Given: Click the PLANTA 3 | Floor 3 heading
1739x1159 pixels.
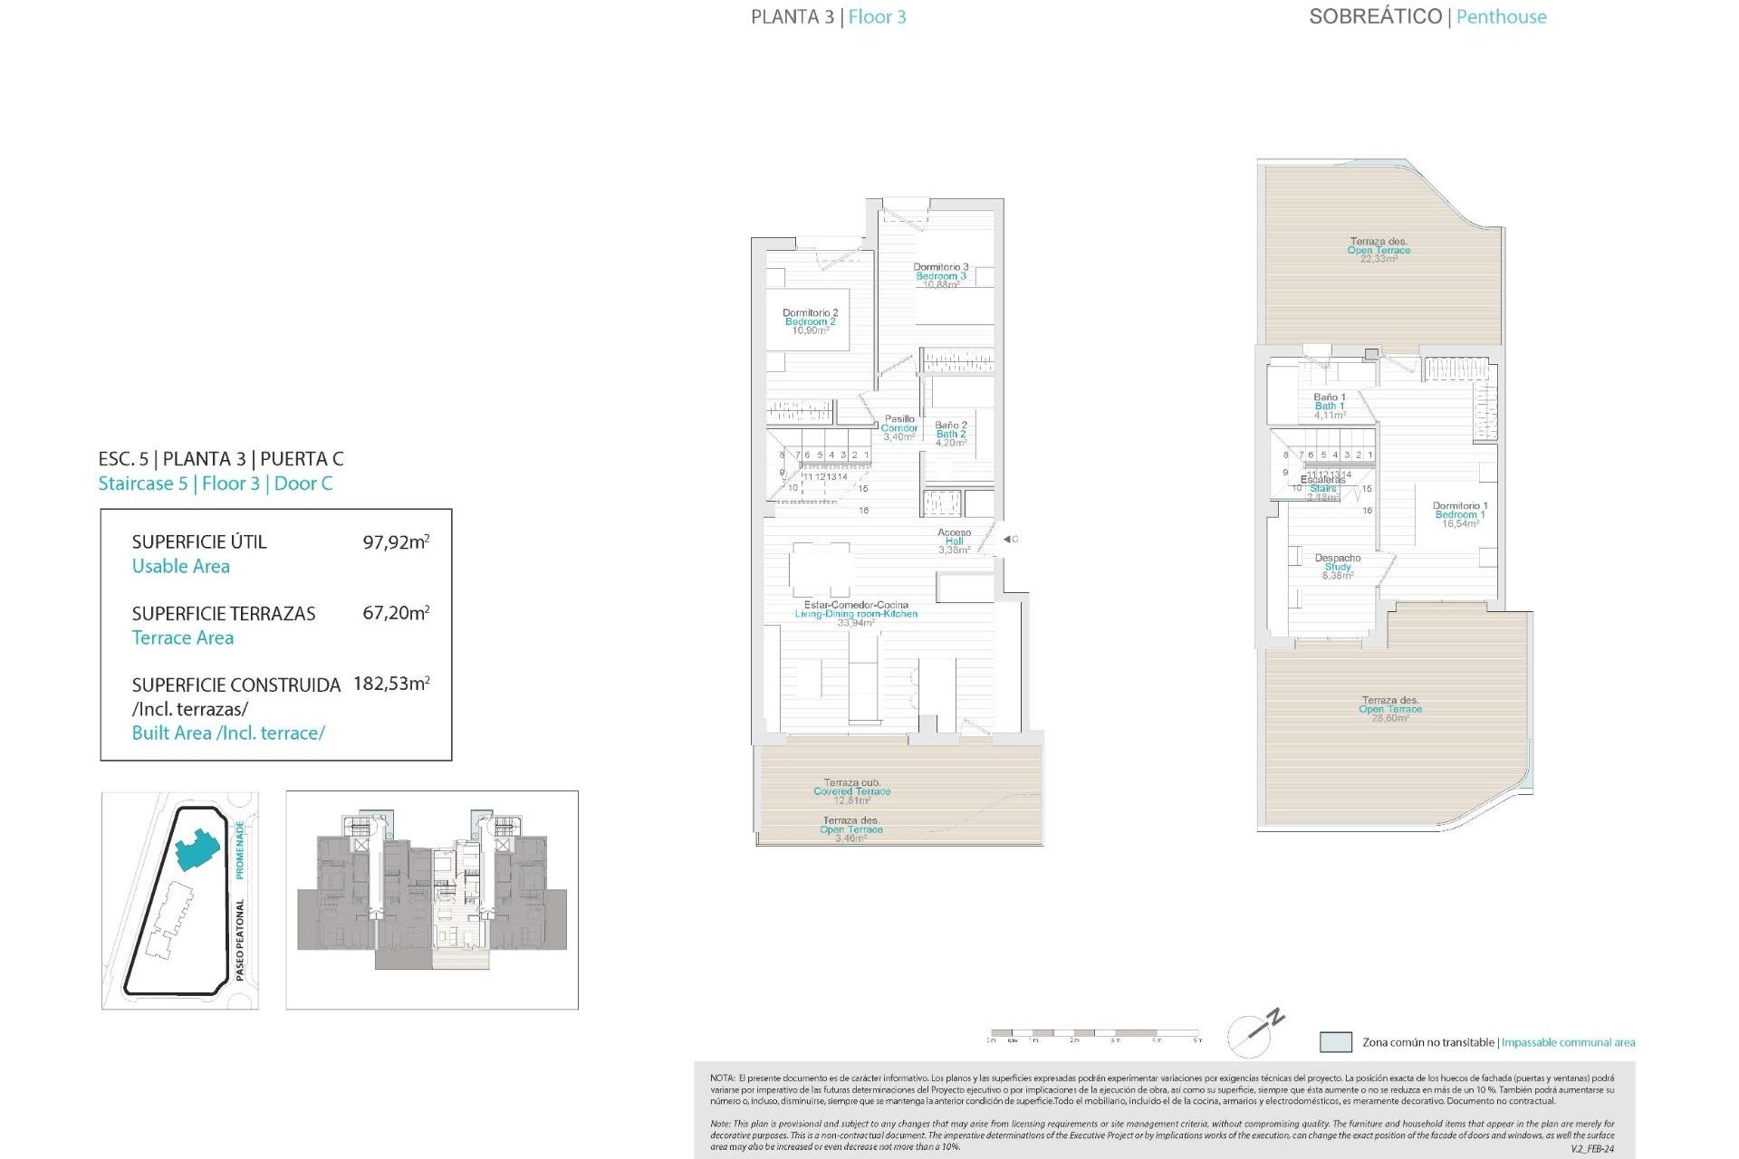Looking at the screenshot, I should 828,16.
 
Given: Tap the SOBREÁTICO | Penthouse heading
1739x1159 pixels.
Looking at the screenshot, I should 1427,16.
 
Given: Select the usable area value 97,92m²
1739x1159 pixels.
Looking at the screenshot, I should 396,541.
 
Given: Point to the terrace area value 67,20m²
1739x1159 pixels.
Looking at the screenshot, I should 396,613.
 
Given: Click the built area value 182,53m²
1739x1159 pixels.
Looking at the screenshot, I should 391,684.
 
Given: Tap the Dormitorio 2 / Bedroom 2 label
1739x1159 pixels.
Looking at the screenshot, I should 810,321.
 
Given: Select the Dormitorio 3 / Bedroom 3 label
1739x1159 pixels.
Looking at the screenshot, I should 940,275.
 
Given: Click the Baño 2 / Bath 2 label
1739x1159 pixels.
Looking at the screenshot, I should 950,434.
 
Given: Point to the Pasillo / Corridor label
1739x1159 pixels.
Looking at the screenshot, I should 899,427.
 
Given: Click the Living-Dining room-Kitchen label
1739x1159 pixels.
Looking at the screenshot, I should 856,613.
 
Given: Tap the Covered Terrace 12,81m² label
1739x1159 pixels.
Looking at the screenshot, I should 851,790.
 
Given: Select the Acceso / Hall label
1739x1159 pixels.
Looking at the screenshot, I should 954,541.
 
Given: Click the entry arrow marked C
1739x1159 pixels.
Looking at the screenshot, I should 1009,539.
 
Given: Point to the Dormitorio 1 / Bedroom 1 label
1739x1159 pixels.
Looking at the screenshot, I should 1459,514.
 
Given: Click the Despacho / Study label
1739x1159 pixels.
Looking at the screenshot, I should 1337,566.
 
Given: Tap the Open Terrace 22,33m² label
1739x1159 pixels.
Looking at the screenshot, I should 1378,250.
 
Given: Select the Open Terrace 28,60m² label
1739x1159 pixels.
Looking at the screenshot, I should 1389,708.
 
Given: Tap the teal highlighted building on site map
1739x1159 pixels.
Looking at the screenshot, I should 196,849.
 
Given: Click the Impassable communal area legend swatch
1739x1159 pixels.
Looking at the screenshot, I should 1335,1042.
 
